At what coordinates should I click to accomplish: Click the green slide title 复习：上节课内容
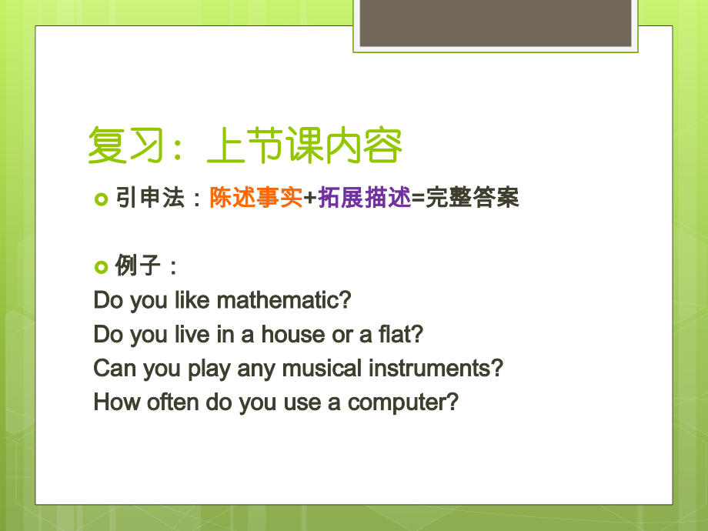pos(245,145)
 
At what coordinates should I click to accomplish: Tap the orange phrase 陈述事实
pos(255,199)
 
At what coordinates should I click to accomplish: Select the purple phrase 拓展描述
pos(365,199)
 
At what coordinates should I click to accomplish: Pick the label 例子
pos(138,266)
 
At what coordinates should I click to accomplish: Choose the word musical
pos(322,369)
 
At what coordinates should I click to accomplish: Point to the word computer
pos(402,402)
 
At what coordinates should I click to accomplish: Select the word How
pos(112,402)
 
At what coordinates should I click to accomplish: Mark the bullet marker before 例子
pos(102,267)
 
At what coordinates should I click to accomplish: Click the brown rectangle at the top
pos(496,23)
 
